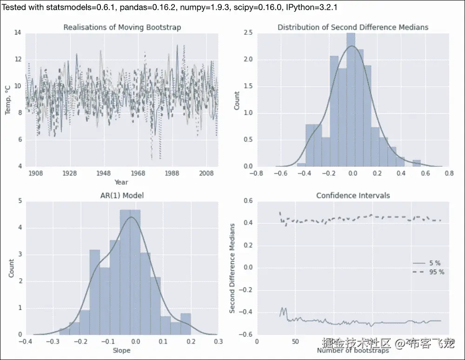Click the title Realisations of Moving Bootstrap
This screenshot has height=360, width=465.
coord(122,27)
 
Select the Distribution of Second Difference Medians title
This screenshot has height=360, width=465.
coord(353,27)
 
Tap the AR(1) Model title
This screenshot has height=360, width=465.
coord(122,196)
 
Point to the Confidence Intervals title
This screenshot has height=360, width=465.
coord(353,196)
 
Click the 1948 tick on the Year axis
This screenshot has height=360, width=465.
coord(103,173)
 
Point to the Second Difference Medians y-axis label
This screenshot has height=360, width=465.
coord(232,268)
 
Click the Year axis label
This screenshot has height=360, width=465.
coord(121,182)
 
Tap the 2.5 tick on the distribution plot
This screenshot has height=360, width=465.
coord(248,33)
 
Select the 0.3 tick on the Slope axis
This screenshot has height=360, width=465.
coord(217,341)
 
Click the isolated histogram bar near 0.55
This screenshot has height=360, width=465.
coord(417,163)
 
